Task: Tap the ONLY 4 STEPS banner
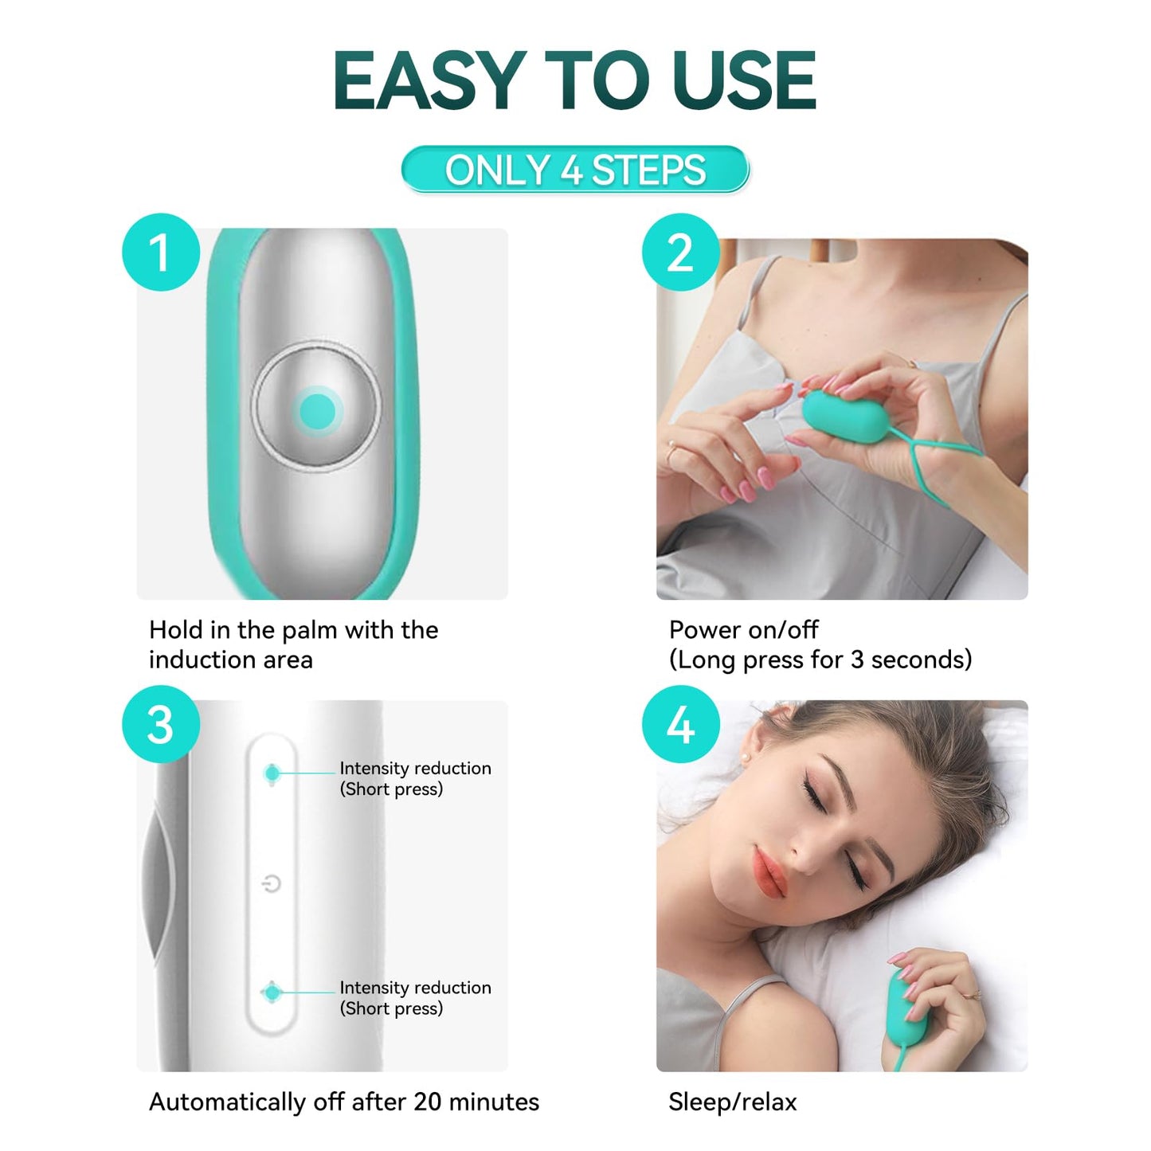575,170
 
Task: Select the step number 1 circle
161,252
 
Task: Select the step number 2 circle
681,252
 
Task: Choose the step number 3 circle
161,725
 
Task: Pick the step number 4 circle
681,725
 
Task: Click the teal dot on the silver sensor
317,412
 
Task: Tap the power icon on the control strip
272,883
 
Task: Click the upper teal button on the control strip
272,773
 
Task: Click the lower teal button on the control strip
272,992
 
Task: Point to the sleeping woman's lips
770,873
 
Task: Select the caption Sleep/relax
732,1102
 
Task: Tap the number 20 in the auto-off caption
428,1102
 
